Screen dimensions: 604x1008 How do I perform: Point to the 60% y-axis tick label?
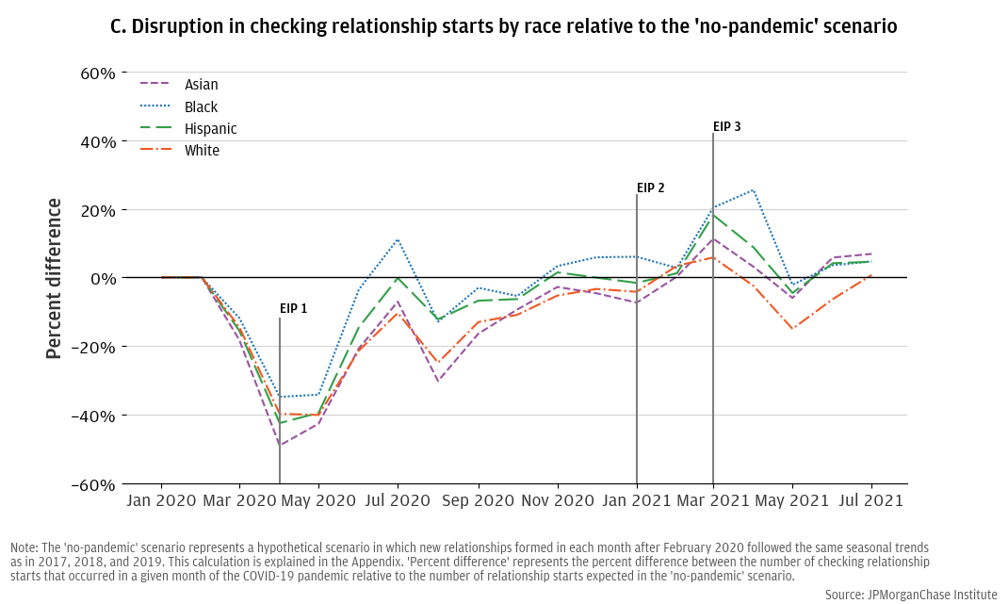(97, 73)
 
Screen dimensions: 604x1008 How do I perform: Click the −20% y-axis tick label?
(94, 348)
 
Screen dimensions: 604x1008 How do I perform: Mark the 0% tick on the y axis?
(103, 279)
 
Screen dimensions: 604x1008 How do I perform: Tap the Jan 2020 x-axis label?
(161, 501)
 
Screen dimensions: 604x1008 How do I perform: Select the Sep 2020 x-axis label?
(478, 501)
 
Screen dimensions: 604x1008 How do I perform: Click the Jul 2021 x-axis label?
(870, 501)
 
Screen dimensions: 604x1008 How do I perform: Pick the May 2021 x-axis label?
(791, 501)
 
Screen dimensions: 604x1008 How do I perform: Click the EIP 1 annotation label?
(293, 308)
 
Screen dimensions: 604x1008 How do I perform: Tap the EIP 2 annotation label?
(650, 188)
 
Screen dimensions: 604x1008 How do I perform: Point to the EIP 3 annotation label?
(726, 126)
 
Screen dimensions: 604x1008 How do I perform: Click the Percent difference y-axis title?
(54, 279)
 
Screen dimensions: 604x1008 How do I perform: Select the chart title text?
(504, 26)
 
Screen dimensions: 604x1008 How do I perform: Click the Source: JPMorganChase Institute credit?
(910, 595)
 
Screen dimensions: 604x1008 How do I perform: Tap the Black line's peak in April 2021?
(753, 190)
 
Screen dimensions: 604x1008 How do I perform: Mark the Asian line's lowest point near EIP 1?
(280, 445)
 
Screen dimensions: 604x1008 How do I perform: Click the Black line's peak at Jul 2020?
(398, 239)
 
